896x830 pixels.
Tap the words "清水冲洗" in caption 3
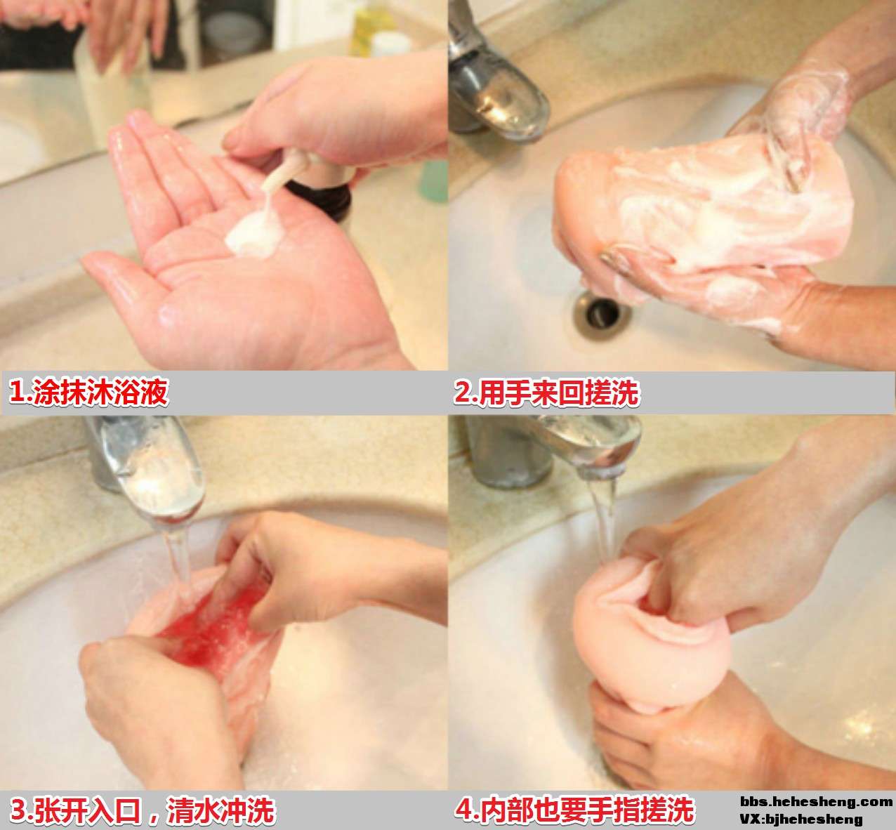(x=221, y=811)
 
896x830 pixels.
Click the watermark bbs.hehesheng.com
(x=817, y=802)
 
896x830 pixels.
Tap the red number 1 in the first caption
(x=16, y=393)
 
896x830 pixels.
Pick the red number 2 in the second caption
(x=462, y=393)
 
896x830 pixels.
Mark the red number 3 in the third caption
(x=18, y=811)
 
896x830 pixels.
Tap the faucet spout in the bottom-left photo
(x=153, y=469)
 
